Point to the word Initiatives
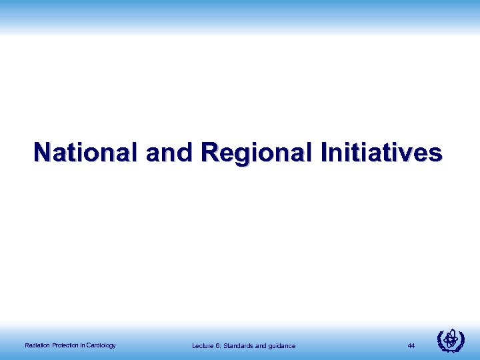381,153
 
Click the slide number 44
411,345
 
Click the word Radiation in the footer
35,345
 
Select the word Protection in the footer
63,345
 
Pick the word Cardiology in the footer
101,345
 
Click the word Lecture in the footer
202,345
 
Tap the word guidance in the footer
282,346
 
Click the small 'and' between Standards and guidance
261,345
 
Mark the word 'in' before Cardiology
82,345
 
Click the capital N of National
42,153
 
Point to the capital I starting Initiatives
323,153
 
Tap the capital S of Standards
226,345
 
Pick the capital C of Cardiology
89,345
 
